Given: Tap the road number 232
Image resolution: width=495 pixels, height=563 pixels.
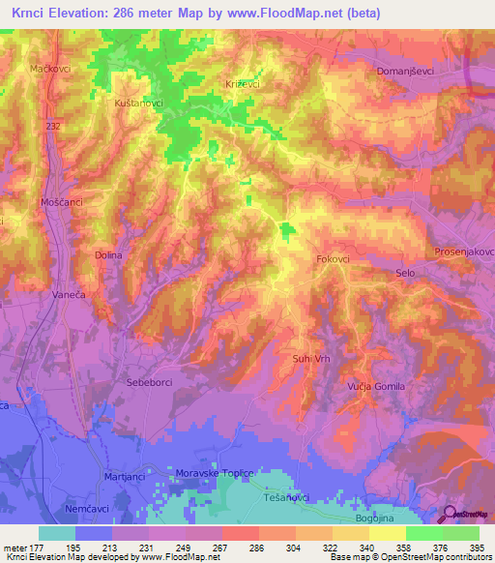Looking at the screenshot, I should (x=51, y=126).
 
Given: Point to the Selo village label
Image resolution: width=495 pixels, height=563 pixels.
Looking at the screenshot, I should (x=405, y=274).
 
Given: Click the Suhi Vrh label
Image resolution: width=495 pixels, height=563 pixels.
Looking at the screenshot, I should (x=312, y=359).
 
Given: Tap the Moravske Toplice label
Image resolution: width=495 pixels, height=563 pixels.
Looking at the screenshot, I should (x=213, y=474).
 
